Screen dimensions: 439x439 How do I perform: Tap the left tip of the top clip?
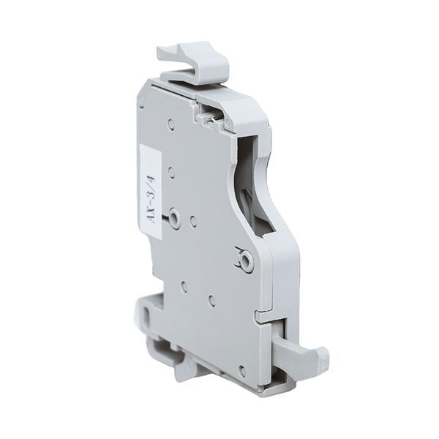point(162,53)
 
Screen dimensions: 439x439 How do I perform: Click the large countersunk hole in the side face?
point(175,217)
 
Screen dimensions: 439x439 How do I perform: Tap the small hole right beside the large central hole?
point(193,219)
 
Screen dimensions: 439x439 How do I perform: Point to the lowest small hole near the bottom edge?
point(241,371)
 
